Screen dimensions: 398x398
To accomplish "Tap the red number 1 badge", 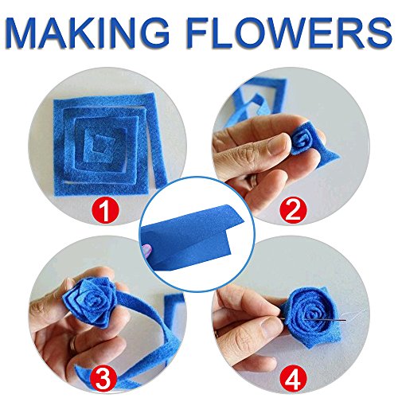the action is pyautogui.click(x=106, y=211).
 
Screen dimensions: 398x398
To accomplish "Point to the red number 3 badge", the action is pyautogui.click(x=103, y=379).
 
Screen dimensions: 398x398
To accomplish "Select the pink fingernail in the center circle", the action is pyautogui.click(x=146, y=250).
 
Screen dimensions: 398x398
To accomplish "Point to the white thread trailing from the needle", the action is pyautogui.click(x=356, y=314).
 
